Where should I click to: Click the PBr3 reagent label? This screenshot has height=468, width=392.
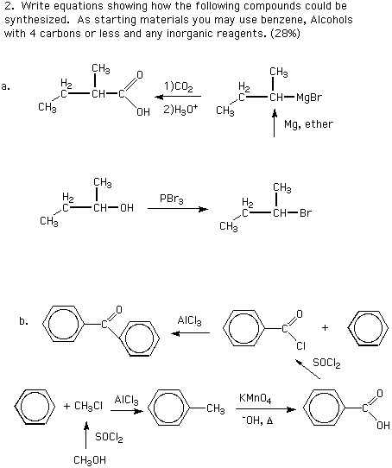171,199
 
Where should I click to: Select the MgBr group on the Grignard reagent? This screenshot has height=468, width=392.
309,98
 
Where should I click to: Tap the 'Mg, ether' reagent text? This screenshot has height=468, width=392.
308,123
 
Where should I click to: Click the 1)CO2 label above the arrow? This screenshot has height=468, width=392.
179,87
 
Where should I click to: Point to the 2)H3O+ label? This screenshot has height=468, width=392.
180,110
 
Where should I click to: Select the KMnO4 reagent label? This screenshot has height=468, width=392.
255,398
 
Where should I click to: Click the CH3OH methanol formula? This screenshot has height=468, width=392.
90,460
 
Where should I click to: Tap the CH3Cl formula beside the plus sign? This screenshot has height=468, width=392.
88,406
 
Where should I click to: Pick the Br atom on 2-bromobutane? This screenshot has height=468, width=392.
306,212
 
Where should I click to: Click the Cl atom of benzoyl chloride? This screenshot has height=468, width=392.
300,346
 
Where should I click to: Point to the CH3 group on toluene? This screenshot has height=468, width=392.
216,408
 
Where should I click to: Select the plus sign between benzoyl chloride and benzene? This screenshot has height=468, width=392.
325,328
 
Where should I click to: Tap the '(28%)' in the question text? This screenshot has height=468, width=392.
285,34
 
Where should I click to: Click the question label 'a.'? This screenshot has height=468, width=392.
6,87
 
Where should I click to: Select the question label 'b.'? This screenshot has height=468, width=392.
23,321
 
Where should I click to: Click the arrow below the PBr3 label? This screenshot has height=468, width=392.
178,209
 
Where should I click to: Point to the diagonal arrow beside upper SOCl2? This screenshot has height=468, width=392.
307,370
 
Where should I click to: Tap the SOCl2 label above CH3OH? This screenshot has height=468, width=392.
109,438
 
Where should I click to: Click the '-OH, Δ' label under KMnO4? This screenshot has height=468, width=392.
257,421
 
